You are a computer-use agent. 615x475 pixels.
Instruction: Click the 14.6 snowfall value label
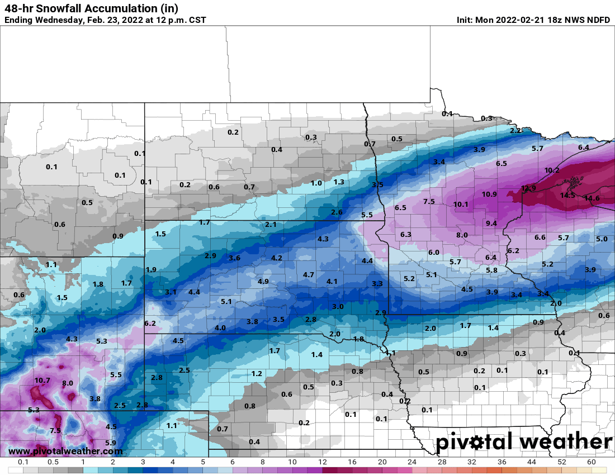click(592, 198)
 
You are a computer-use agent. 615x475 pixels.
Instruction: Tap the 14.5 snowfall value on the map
click(567, 195)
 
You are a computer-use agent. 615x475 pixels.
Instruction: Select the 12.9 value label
click(528, 188)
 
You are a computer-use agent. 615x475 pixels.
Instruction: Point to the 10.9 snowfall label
click(489, 194)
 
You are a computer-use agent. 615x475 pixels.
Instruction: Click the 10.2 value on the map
click(552, 170)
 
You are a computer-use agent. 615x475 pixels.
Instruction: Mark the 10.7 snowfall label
click(42, 381)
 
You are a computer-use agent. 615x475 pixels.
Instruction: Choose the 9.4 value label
click(491, 223)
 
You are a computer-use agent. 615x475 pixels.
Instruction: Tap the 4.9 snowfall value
click(263, 281)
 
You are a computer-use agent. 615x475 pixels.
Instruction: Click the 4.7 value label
click(309, 274)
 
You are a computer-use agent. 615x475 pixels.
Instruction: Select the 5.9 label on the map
click(110, 443)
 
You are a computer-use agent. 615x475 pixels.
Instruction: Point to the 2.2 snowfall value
click(515, 130)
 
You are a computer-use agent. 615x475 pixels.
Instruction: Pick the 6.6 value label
click(540, 237)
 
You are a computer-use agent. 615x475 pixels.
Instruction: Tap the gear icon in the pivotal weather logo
click(476, 443)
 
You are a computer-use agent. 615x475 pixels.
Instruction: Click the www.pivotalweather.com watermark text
click(65, 451)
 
